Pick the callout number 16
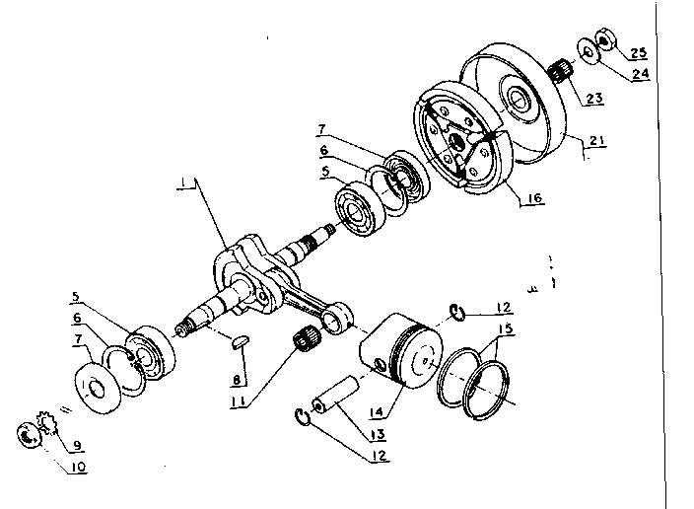532,198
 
